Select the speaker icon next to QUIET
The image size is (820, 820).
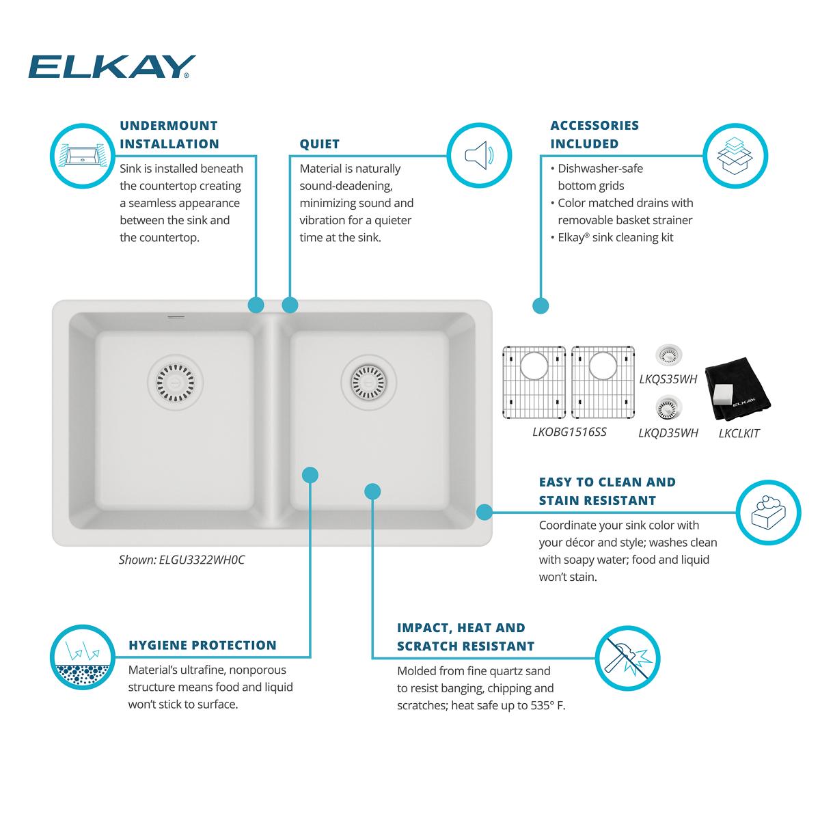(x=479, y=156)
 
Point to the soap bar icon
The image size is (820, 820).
(x=769, y=512)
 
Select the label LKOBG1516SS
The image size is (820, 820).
(x=569, y=432)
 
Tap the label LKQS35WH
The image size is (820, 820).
(x=668, y=379)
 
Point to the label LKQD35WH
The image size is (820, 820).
(x=668, y=433)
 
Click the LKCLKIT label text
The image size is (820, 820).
(x=739, y=433)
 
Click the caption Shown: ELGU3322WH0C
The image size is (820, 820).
(x=182, y=560)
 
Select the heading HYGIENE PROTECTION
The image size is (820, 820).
(x=202, y=645)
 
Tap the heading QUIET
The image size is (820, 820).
(x=319, y=144)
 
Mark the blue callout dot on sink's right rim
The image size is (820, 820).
(x=484, y=511)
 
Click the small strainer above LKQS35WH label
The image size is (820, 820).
(x=668, y=354)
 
